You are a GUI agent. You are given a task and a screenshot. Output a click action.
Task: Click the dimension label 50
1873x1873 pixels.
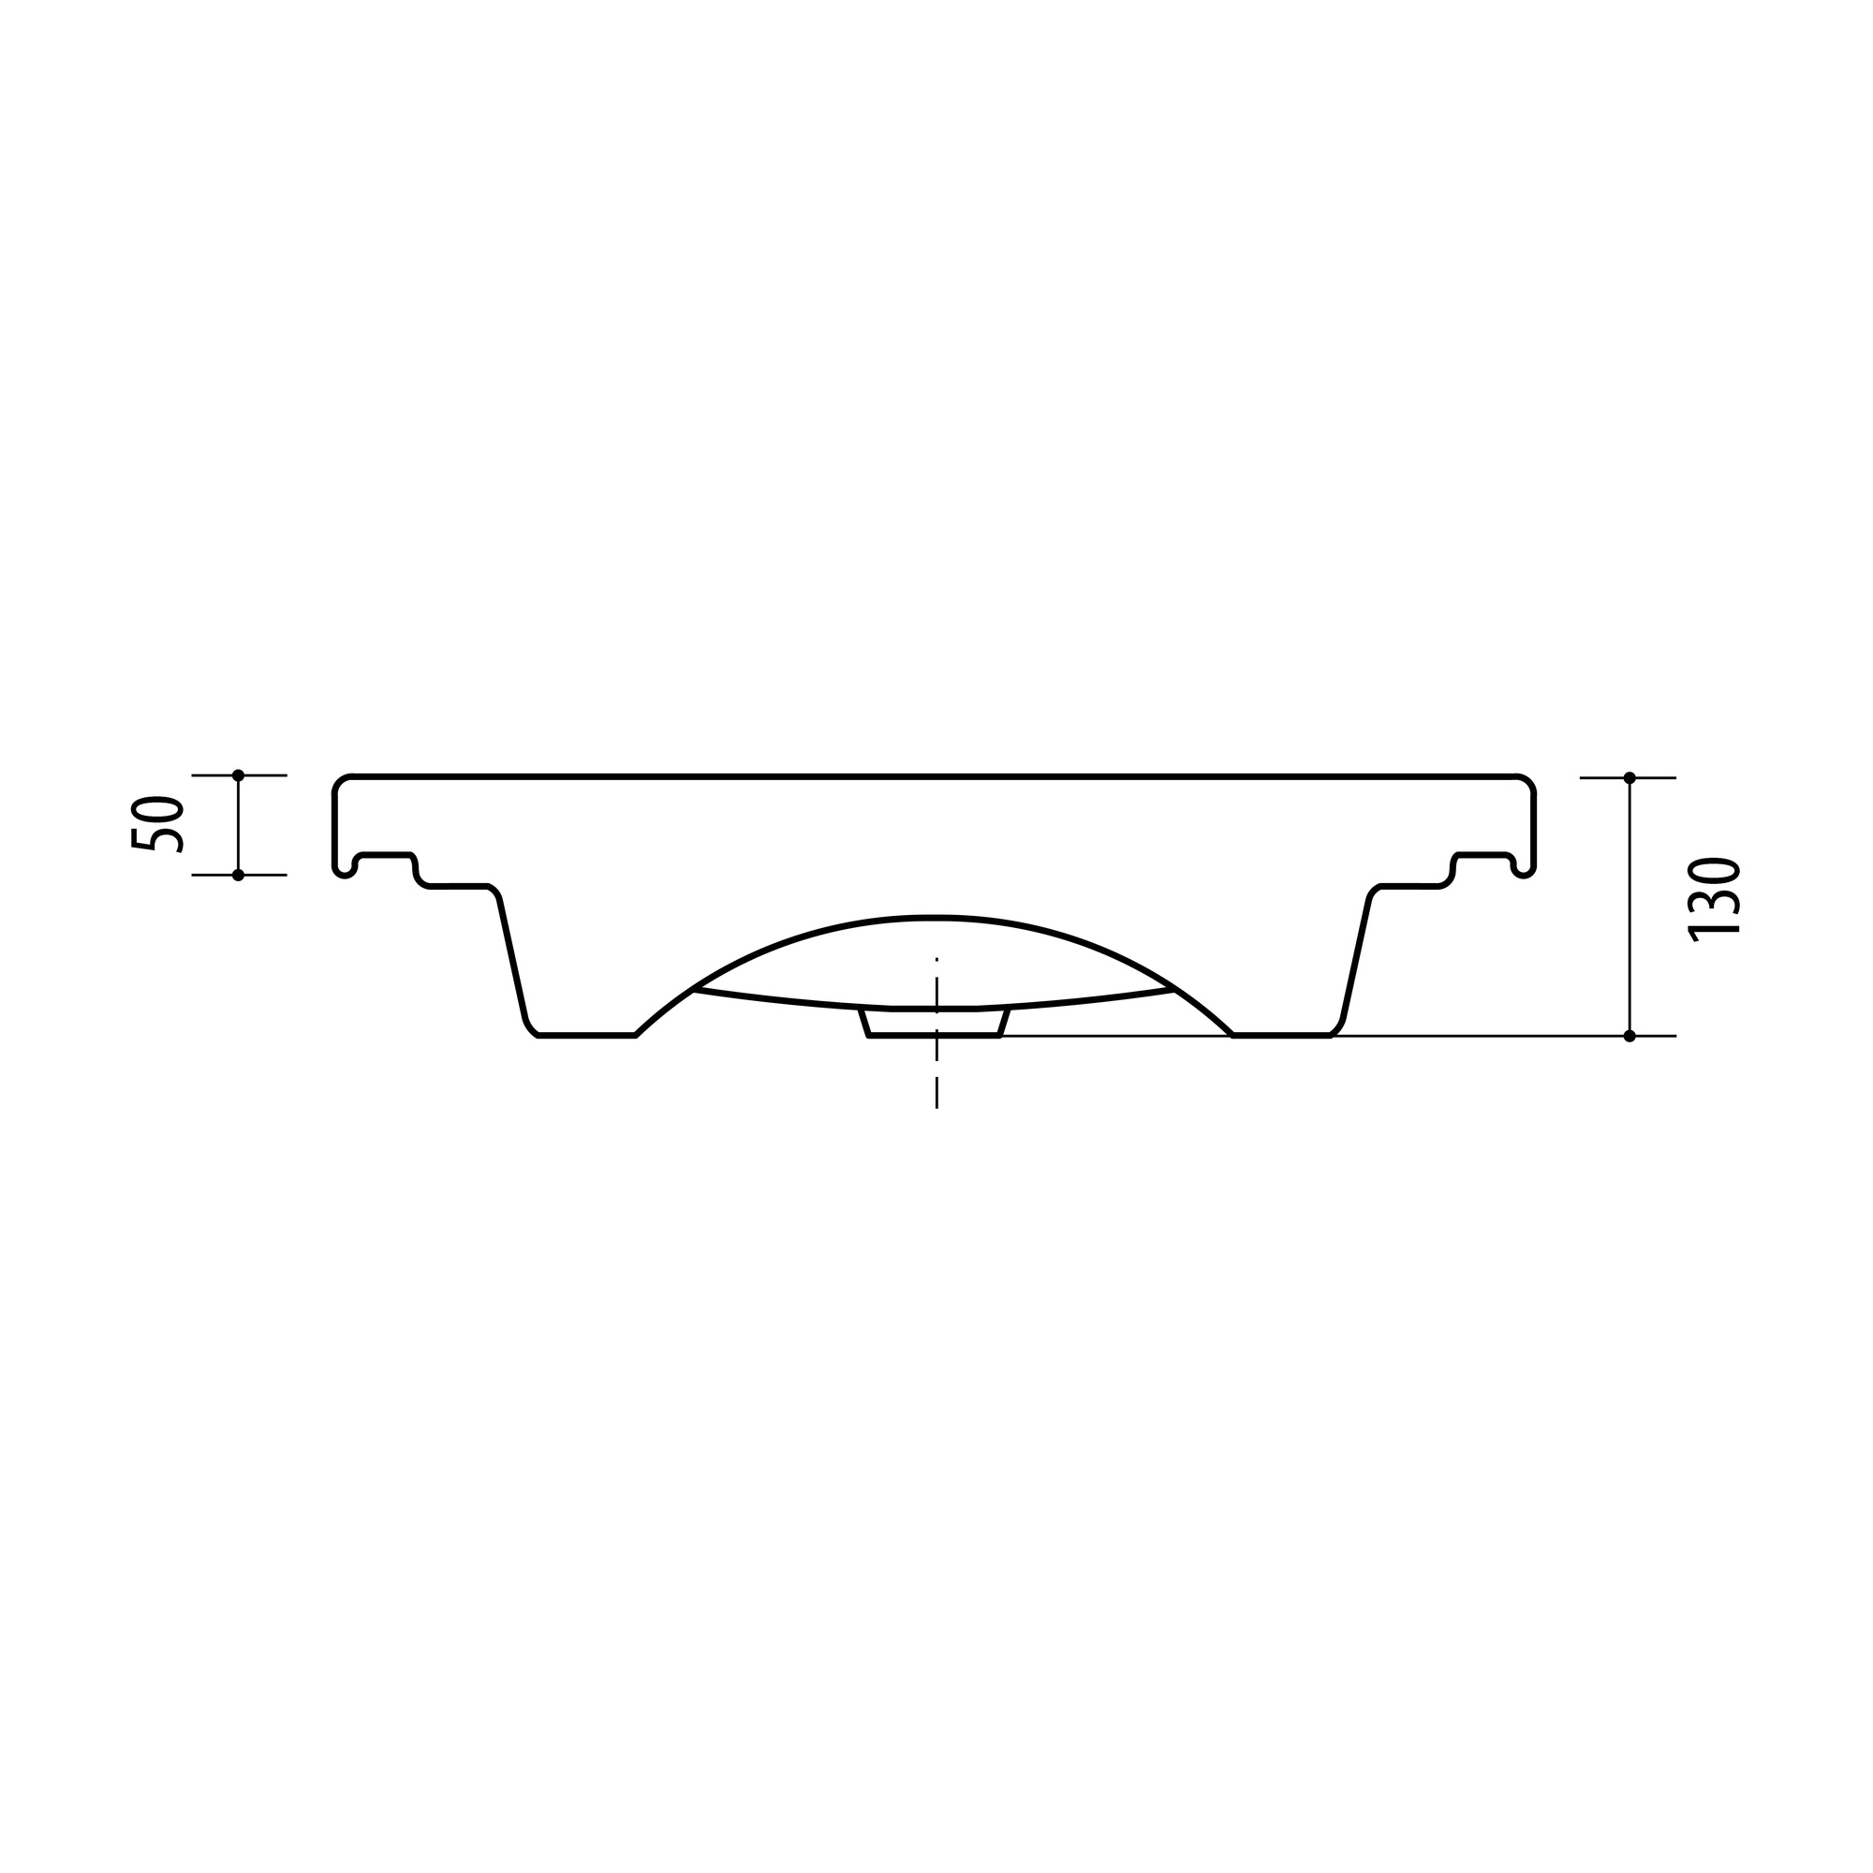pyautogui.click(x=157, y=825)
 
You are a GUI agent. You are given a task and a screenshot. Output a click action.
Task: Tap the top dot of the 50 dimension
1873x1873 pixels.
pyautogui.click(x=239, y=775)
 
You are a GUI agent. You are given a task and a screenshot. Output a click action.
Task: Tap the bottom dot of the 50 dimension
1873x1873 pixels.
pyautogui.click(x=239, y=876)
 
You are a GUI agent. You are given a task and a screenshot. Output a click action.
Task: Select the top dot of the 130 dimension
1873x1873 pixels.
pyautogui.click(x=1630, y=777)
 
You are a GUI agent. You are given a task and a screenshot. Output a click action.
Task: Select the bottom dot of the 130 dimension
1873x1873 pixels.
pyautogui.click(x=1630, y=1037)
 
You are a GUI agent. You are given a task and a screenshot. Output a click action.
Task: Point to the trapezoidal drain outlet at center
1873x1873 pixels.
pyautogui.click(x=935, y=1023)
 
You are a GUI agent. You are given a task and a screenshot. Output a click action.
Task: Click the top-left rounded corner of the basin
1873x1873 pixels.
pyautogui.click(x=339, y=783)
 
